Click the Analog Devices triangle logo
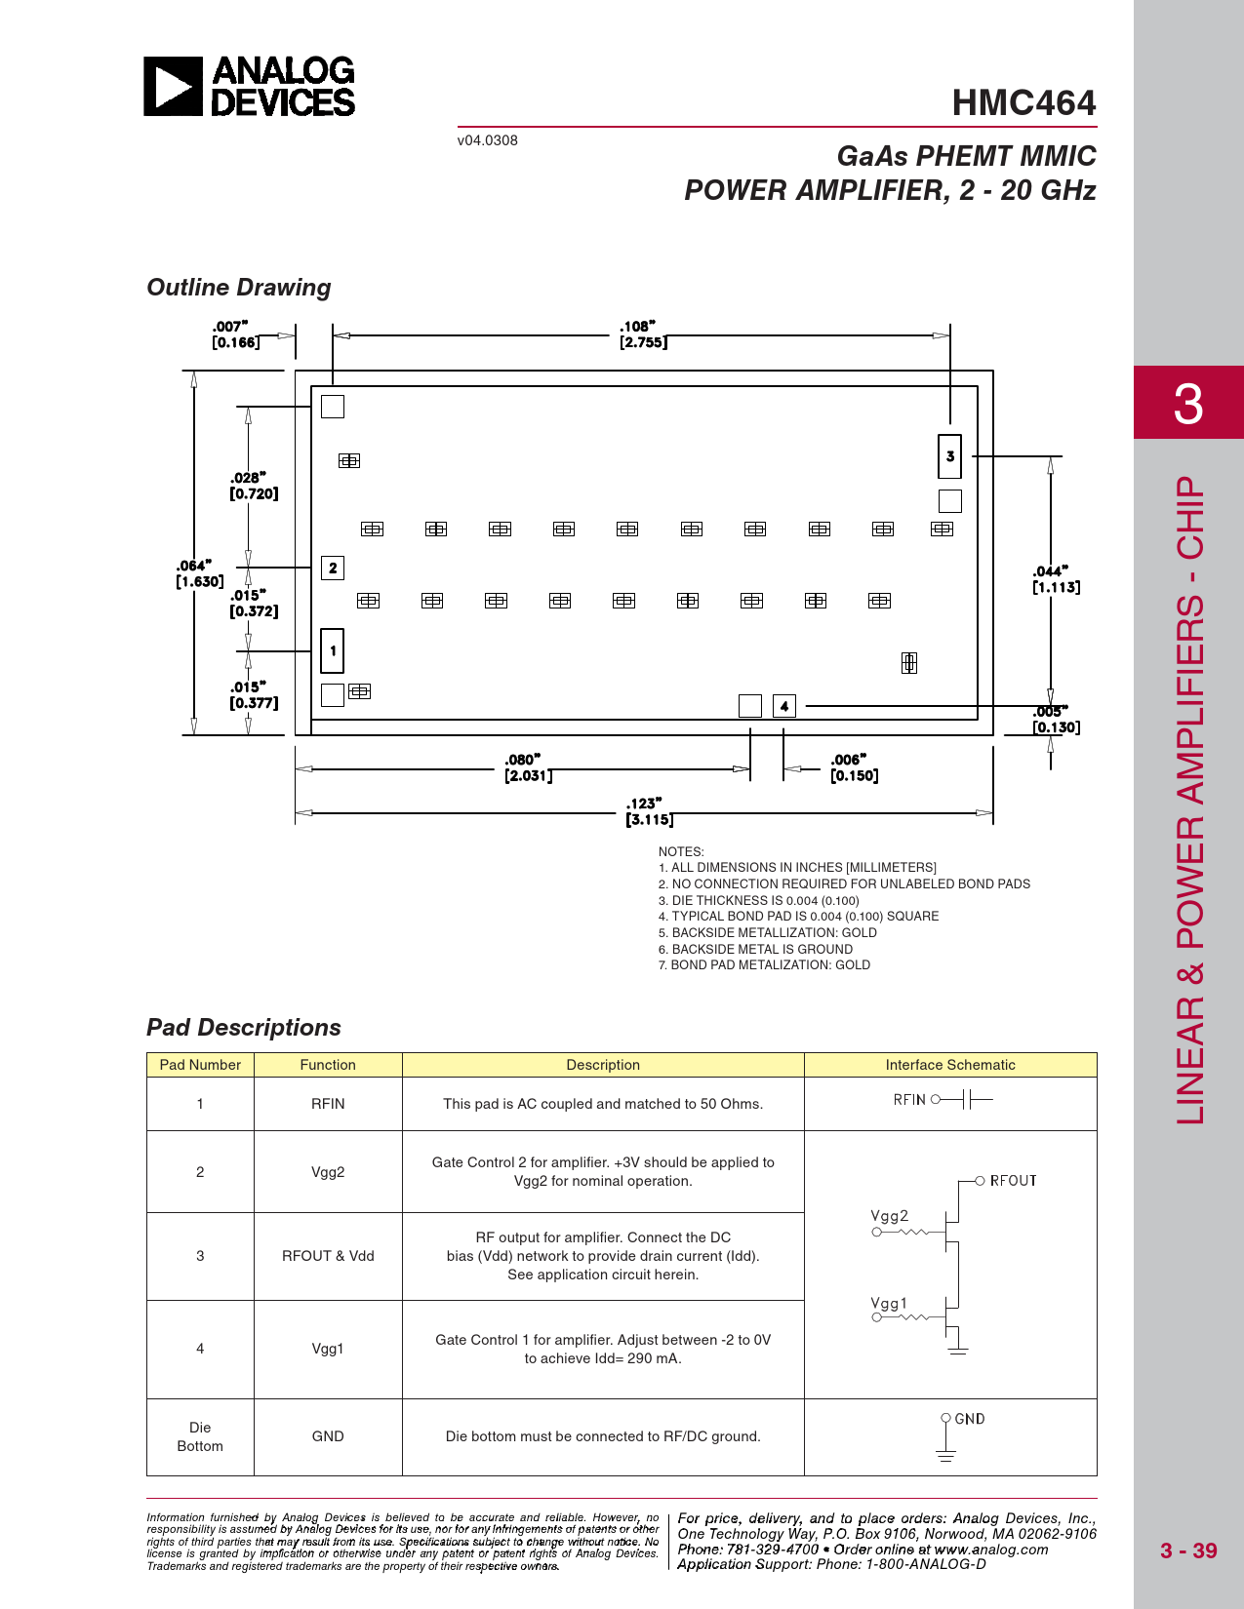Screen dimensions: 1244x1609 173,87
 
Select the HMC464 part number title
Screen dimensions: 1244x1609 1023,103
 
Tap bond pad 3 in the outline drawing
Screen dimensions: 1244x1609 950,456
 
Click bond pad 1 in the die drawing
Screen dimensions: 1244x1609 332,650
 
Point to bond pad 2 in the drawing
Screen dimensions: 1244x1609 333,568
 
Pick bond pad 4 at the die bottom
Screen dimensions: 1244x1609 784,706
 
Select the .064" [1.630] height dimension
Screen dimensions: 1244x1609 199,573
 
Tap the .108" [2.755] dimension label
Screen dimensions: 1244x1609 643,334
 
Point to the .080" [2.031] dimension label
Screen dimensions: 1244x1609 528,767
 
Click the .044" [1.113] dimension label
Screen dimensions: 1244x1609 1056,579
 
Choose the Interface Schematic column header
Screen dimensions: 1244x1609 950,1065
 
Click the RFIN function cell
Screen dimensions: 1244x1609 328,1103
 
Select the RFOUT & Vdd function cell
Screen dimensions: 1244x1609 328,1256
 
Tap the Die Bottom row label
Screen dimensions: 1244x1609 200,1436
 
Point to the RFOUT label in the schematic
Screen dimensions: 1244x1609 1013,1180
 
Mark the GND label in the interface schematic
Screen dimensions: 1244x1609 969,1419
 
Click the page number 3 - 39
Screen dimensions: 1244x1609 1188,1550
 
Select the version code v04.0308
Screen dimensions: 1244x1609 488,140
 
